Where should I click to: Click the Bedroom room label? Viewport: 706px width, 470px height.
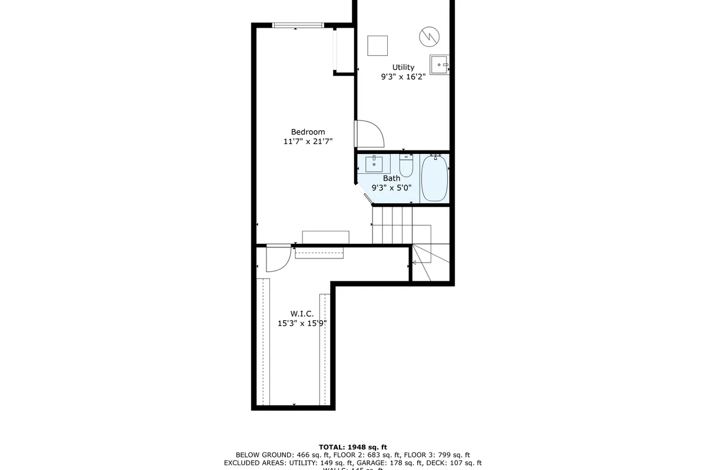(x=308, y=132)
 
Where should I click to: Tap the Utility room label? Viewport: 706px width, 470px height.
(x=403, y=68)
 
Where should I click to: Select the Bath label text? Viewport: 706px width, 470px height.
(x=391, y=179)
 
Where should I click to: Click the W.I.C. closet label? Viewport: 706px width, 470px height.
(x=301, y=314)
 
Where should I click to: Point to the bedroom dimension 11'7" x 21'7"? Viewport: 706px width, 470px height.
(x=308, y=142)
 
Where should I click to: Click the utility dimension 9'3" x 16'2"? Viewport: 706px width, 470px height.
(x=403, y=77)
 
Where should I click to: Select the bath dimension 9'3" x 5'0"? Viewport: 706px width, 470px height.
(x=391, y=188)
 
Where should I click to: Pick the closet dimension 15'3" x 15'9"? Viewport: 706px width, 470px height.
(x=301, y=323)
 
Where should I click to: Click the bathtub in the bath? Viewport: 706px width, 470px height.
(x=434, y=177)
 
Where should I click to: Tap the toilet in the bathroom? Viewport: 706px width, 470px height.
(x=407, y=165)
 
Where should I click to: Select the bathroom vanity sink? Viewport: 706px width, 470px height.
(x=374, y=163)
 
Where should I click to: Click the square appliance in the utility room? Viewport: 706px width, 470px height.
(x=377, y=46)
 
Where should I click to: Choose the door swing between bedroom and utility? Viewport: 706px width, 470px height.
(x=369, y=134)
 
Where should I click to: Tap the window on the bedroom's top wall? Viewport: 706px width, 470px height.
(x=298, y=25)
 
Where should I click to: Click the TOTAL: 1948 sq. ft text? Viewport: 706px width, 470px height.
(x=352, y=447)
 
